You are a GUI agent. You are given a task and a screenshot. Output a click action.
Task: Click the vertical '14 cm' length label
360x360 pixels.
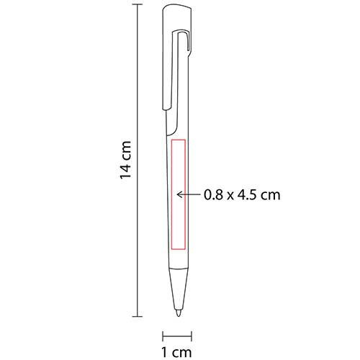(x=126, y=158)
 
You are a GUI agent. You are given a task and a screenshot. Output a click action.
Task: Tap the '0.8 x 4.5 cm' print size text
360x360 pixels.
(x=241, y=194)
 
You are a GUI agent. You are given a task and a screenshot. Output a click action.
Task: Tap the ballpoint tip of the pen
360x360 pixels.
(x=177, y=314)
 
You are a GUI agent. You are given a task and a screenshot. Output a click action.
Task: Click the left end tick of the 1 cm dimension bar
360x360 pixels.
(x=162, y=334)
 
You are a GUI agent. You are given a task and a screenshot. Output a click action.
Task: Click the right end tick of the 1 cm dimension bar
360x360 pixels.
(x=192, y=334)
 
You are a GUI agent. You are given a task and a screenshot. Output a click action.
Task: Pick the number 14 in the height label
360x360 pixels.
(x=126, y=170)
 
